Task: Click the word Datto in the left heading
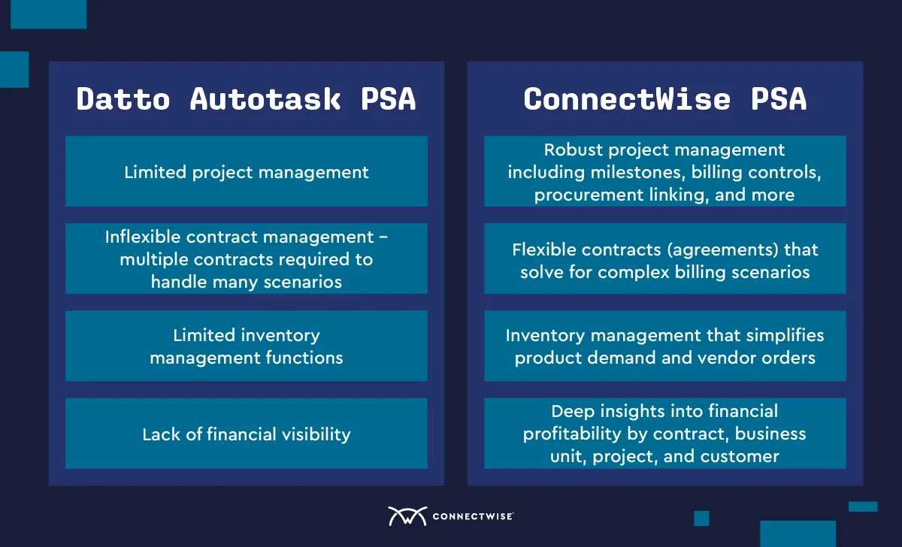click(x=123, y=99)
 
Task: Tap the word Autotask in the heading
click(x=265, y=99)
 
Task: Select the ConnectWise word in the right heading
click(x=627, y=99)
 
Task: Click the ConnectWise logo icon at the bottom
click(x=407, y=516)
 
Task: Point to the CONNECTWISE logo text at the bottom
click(x=473, y=516)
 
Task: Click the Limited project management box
click(x=247, y=171)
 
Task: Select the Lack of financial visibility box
click(x=247, y=434)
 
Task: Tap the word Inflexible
click(x=143, y=237)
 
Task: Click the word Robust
click(x=574, y=150)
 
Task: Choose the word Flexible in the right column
click(x=546, y=249)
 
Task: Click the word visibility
click(x=316, y=435)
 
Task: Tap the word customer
click(x=740, y=456)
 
